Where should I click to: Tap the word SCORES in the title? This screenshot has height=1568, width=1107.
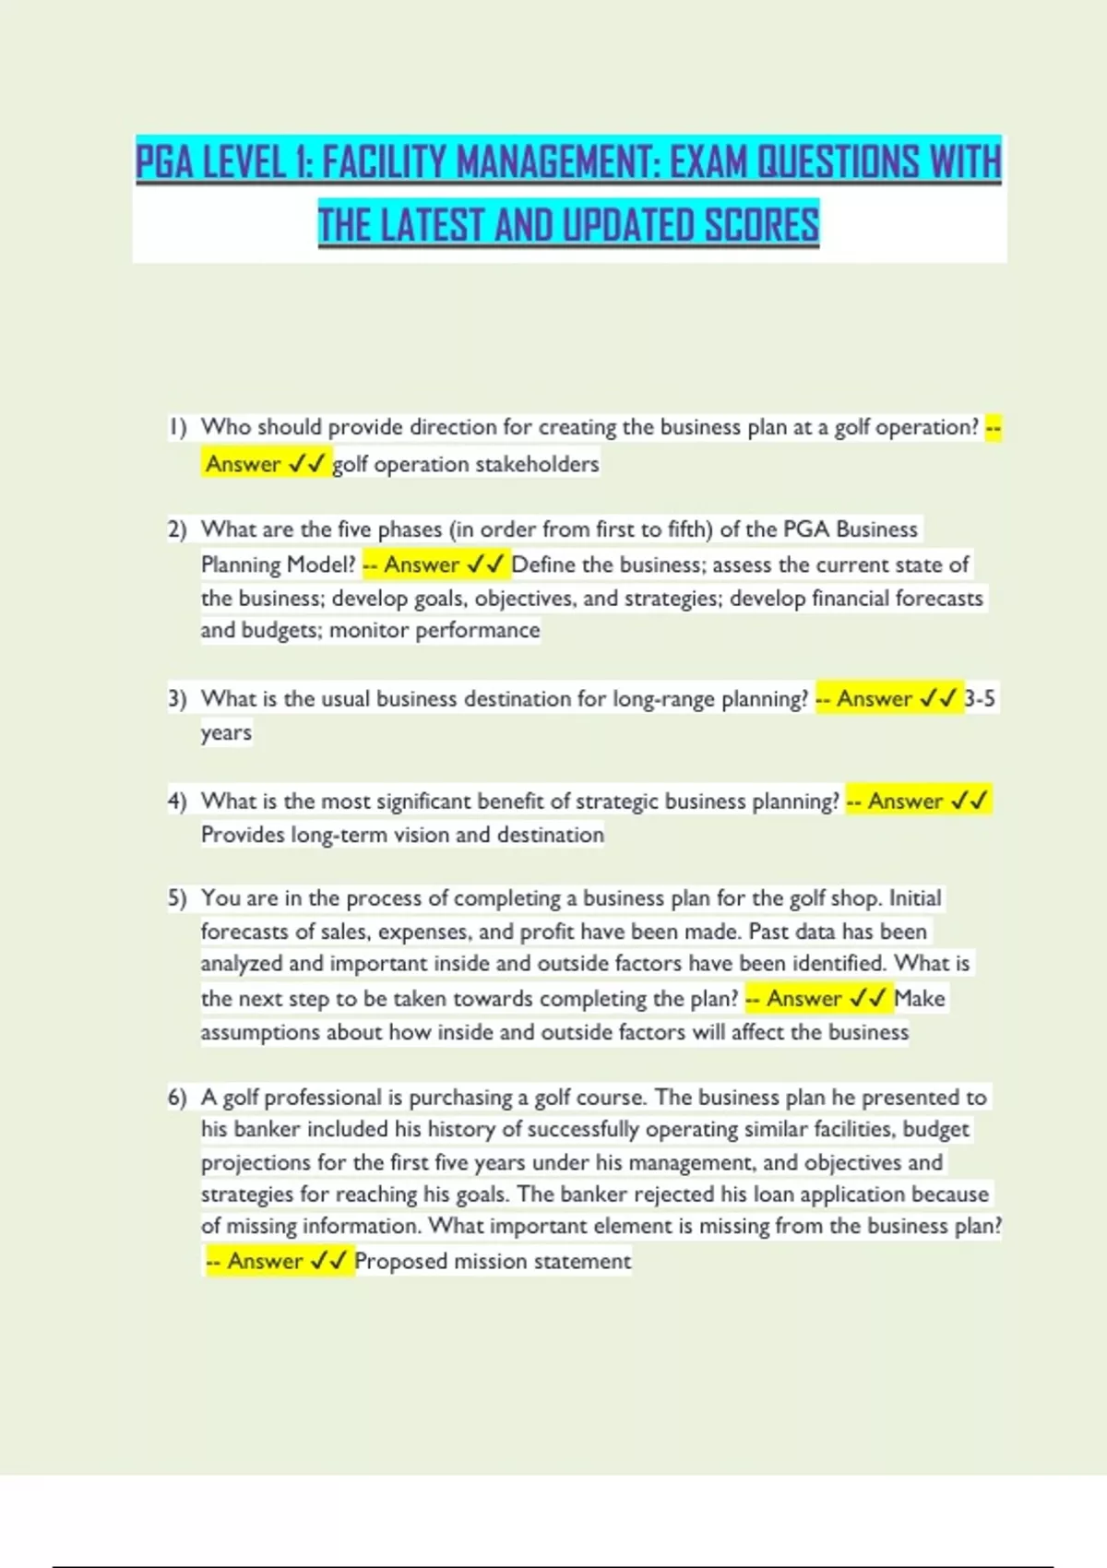(x=761, y=226)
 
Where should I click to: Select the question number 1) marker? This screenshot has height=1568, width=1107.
(x=177, y=427)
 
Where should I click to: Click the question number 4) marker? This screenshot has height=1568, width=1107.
(x=177, y=801)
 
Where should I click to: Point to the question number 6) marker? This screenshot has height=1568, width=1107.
(x=177, y=1097)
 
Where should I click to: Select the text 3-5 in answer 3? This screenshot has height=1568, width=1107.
(x=979, y=699)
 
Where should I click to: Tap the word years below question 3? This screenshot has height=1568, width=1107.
(x=226, y=733)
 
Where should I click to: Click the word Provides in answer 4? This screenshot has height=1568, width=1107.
(x=243, y=835)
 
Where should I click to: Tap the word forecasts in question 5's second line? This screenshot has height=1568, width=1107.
(x=244, y=932)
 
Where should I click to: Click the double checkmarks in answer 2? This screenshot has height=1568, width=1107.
(x=485, y=564)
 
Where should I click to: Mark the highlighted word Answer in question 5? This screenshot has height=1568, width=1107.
(x=803, y=999)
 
